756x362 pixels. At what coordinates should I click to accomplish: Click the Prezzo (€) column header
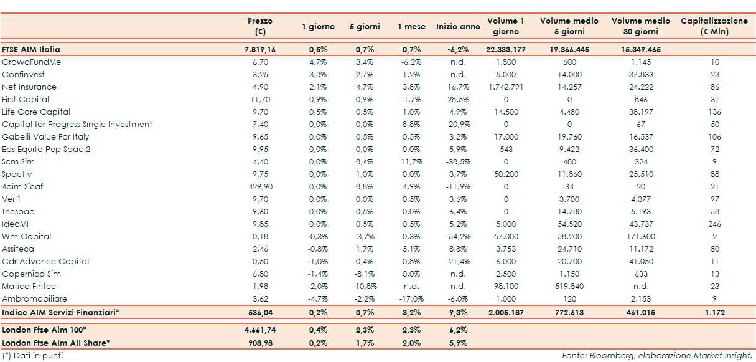[x=259, y=26]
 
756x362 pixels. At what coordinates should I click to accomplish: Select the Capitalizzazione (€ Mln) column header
[x=713, y=26]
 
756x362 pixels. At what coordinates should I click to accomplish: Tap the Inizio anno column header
[x=458, y=27]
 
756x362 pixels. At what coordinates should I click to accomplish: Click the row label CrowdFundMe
[x=31, y=62]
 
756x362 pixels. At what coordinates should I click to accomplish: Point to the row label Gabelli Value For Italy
[x=45, y=136]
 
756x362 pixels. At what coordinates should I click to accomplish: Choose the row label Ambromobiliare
[x=34, y=298]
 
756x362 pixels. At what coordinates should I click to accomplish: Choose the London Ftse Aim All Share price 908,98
[x=259, y=342]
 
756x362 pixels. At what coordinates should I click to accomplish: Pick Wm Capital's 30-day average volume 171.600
[x=640, y=236]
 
